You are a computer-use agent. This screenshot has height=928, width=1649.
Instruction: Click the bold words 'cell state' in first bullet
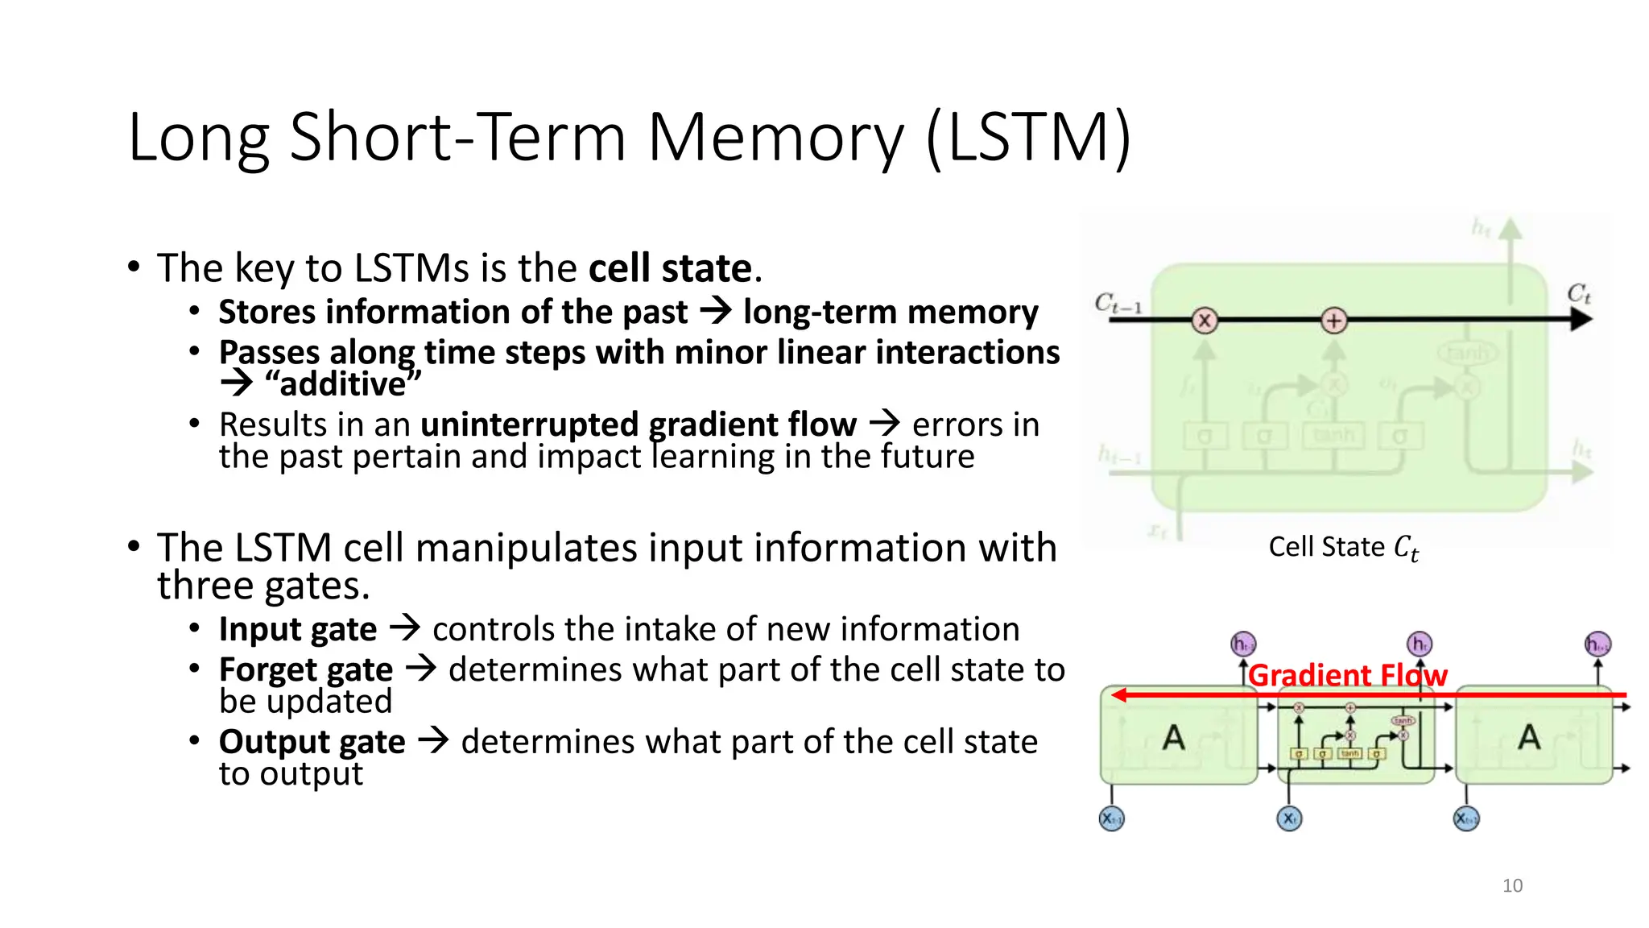(670, 268)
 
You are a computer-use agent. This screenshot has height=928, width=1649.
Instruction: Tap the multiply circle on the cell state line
(1205, 321)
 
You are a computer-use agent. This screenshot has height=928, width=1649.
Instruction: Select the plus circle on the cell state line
(1333, 321)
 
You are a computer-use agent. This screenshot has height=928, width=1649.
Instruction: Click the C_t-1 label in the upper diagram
(1118, 304)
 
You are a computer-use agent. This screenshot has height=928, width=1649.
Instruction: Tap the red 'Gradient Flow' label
(1347, 675)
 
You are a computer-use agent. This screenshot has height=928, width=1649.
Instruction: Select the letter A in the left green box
(1173, 737)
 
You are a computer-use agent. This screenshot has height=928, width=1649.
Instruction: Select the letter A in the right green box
(1528, 737)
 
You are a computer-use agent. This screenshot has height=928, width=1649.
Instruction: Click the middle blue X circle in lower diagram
(1289, 819)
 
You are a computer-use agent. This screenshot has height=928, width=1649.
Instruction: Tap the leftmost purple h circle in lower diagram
(1243, 644)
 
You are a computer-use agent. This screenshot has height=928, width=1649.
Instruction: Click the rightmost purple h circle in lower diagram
(1597, 644)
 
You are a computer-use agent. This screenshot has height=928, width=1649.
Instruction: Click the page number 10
(1512, 886)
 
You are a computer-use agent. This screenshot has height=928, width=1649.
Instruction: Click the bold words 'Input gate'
(297, 629)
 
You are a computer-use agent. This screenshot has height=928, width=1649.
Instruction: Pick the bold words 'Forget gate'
(306, 669)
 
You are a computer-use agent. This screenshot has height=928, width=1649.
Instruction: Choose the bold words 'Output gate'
(312, 742)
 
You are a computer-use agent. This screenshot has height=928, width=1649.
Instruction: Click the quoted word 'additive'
(343, 384)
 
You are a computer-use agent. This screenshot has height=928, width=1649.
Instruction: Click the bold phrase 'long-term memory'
(891, 312)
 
